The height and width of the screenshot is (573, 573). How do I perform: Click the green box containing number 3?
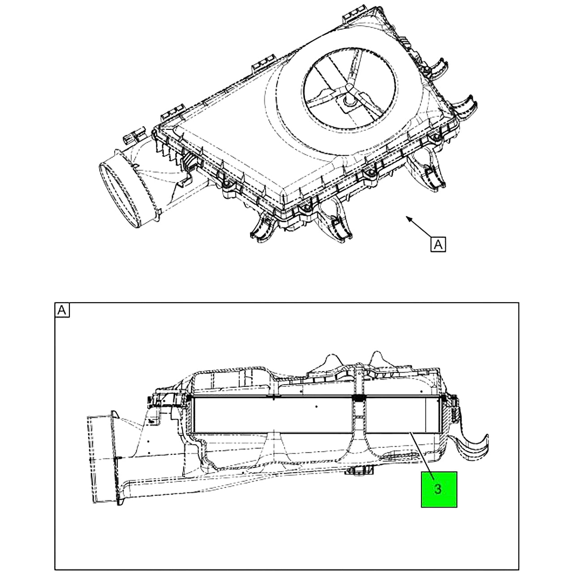[x=439, y=489]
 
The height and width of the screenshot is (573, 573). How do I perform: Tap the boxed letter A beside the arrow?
[x=438, y=244]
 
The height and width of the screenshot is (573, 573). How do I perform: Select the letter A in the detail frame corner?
[x=62, y=310]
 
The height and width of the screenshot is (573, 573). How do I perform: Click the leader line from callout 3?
[x=422, y=459]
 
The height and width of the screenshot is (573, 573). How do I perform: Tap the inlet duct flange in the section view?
[x=115, y=458]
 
